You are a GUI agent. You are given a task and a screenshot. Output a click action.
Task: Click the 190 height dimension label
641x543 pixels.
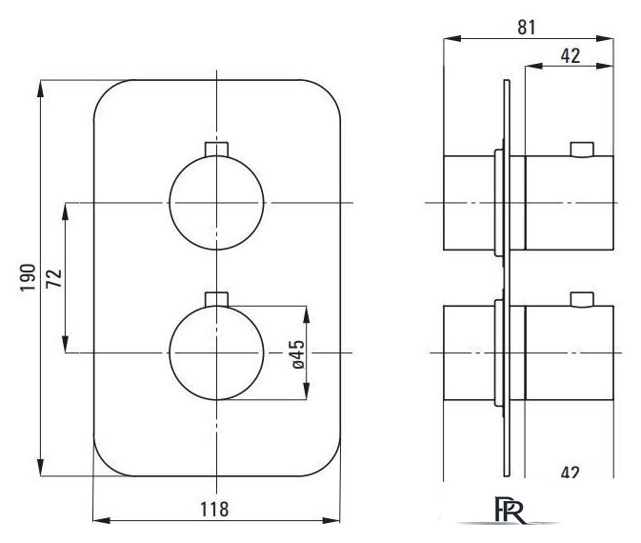click(29, 277)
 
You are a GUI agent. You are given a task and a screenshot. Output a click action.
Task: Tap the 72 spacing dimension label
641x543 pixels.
click(53, 278)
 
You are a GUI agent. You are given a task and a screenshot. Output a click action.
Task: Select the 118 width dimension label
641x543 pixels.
click(214, 510)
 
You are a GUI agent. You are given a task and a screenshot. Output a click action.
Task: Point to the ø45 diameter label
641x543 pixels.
click(298, 354)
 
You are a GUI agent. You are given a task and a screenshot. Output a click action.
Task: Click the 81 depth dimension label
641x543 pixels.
click(526, 28)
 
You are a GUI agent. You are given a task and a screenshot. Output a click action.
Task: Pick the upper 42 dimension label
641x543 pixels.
click(571, 55)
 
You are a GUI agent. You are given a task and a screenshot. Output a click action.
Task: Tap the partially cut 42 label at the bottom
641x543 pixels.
click(571, 473)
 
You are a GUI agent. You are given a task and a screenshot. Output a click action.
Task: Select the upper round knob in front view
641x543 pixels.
click(216, 203)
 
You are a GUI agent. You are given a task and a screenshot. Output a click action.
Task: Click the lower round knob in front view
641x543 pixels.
click(216, 352)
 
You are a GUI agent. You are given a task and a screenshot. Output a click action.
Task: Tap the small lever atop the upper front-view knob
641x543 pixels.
click(216, 149)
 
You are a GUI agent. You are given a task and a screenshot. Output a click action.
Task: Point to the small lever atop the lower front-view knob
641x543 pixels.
click(216, 299)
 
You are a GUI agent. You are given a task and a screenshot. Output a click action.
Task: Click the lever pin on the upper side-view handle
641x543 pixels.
click(582, 150)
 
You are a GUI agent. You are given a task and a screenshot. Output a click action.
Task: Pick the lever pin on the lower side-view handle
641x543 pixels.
click(582, 299)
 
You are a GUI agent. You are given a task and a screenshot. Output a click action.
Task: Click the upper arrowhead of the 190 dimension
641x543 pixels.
click(40, 89)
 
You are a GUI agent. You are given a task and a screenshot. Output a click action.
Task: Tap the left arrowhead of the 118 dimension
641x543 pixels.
click(102, 520)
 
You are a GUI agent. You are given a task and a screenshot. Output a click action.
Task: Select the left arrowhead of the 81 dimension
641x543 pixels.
click(452, 38)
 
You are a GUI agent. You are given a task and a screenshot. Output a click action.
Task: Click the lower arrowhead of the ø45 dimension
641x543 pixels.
click(307, 391)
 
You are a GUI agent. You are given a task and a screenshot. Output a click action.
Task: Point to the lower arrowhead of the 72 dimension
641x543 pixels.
click(65, 344)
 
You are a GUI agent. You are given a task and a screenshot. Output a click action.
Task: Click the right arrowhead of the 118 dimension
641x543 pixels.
click(331, 520)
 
